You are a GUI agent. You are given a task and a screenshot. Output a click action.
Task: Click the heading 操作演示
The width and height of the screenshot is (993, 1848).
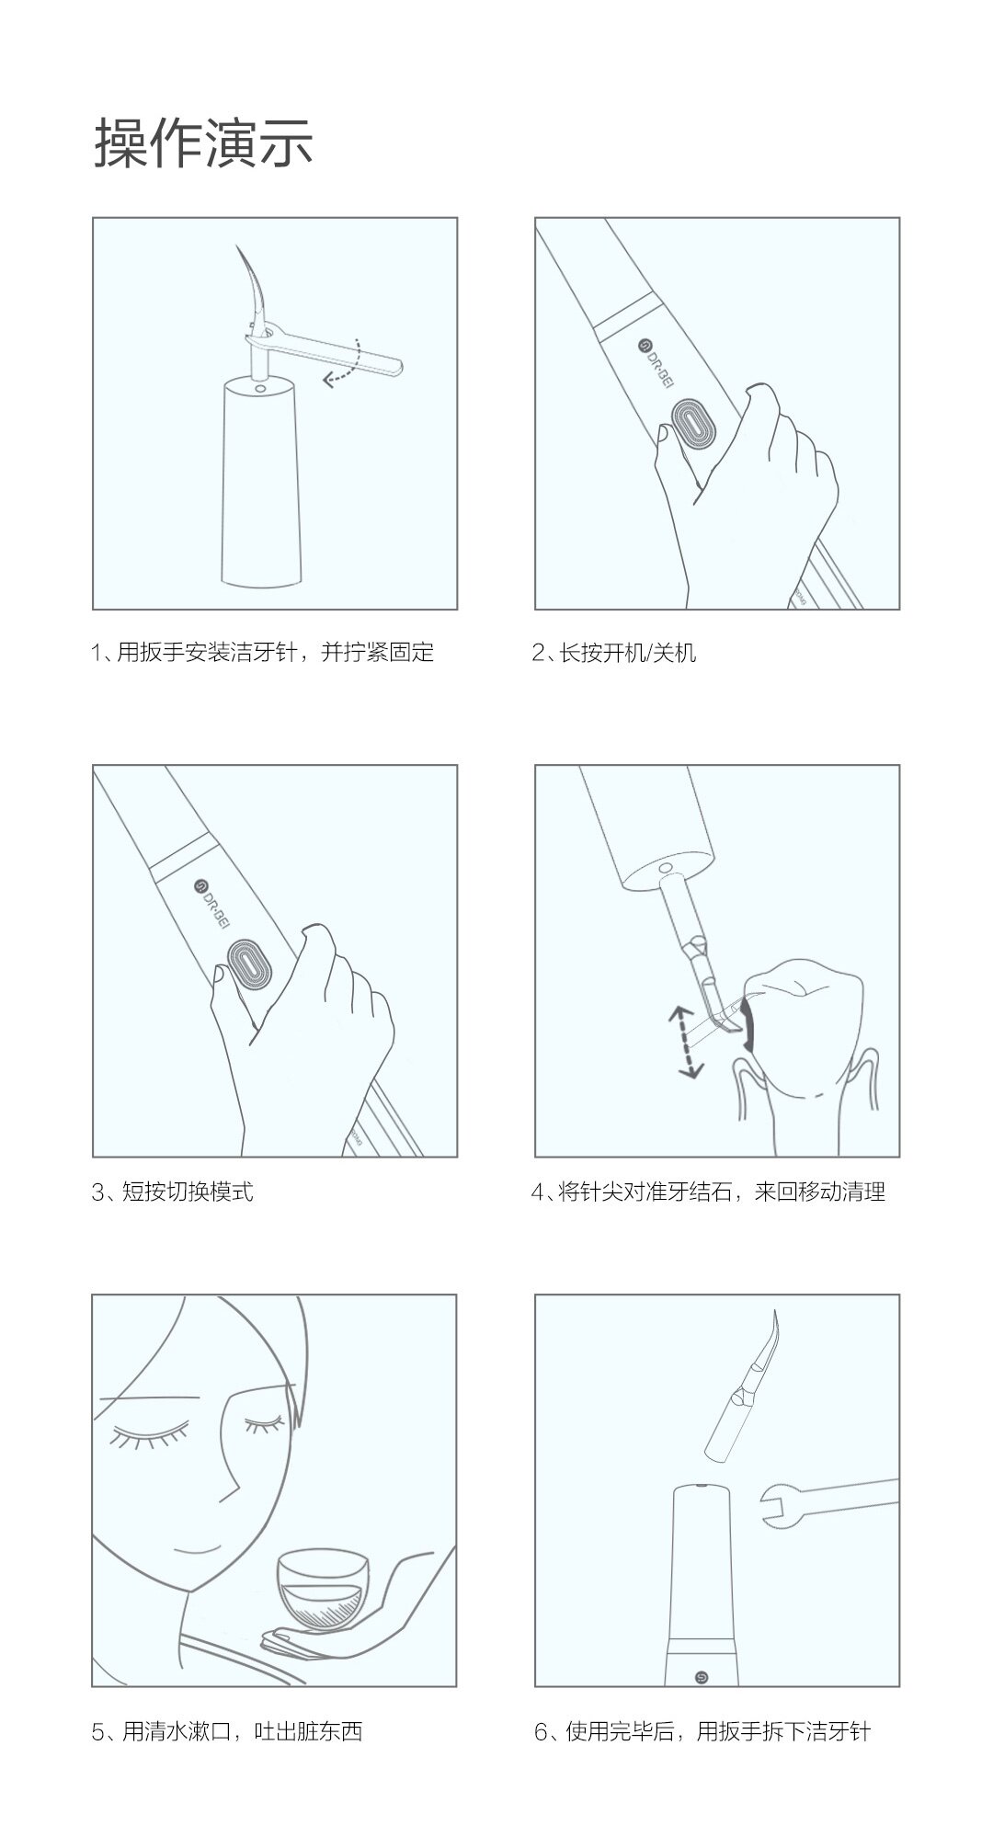point(203,143)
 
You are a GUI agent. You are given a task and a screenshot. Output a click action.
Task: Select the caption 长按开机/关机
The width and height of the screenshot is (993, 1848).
point(627,653)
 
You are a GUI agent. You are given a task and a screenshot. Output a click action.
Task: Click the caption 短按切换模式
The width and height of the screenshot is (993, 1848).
point(187,1192)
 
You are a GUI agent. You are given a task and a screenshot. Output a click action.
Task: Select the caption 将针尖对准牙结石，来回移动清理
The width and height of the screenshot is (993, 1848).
point(723,1192)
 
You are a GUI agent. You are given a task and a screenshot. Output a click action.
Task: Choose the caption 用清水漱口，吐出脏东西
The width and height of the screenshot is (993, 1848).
point(243,1732)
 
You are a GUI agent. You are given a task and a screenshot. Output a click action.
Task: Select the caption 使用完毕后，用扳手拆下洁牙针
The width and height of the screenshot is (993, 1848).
point(718,1732)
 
